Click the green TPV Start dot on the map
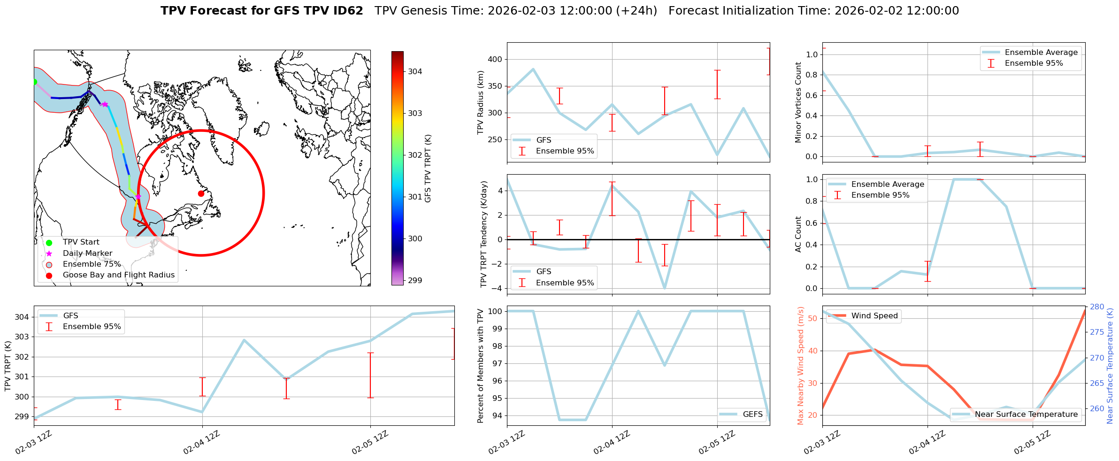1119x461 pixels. (34, 82)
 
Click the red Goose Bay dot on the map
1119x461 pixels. (201, 193)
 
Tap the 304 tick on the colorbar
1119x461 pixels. (414, 71)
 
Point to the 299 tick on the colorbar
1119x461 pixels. (414, 280)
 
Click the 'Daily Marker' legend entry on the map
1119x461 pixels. (87, 253)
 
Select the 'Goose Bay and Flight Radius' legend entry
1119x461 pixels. (118, 275)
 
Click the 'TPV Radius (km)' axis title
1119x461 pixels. (480, 102)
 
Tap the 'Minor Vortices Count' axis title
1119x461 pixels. (798, 102)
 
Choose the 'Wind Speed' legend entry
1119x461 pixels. (874, 315)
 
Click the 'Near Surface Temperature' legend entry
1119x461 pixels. (1026, 414)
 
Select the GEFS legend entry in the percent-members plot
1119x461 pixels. (752, 414)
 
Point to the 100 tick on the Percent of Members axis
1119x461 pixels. (496, 311)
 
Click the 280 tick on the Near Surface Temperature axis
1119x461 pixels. (1097, 307)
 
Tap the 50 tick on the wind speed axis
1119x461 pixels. (813, 318)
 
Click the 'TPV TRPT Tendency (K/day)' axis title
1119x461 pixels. (484, 234)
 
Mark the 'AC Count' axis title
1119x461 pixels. (798, 234)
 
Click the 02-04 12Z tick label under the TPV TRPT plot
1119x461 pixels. (201, 443)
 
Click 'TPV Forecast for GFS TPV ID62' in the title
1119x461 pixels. (261, 11)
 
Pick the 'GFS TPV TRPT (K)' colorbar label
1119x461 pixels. (428, 168)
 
